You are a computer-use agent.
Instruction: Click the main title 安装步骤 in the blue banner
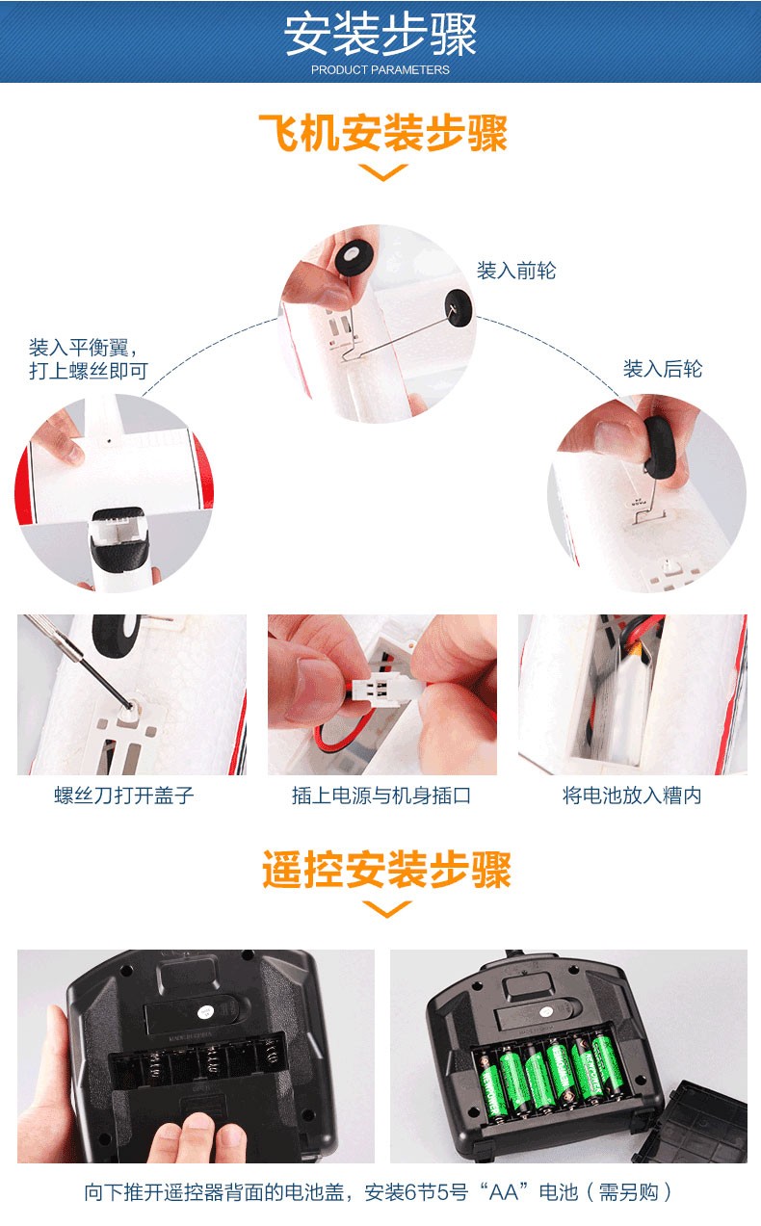pyautogui.click(x=380, y=35)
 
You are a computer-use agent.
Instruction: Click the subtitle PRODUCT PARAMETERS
pyautogui.click(x=380, y=70)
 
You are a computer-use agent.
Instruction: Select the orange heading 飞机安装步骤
pyautogui.click(x=382, y=133)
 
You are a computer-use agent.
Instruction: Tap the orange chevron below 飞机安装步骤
pyautogui.click(x=382, y=171)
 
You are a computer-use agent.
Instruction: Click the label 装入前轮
pyautogui.click(x=515, y=271)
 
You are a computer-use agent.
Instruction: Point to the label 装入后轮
pyautogui.click(x=663, y=368)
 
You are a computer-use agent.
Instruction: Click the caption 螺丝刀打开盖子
pyautogui.click(x=123, y=796)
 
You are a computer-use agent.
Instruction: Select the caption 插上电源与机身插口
pyautogui.click(x=381, y=796)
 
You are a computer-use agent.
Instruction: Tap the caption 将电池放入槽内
pyautogui.click(x=632, y=796)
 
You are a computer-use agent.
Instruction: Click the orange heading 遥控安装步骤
pyautogui.click(x=386, y=869)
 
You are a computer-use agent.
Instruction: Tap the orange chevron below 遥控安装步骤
pyautogui.click(x=386, y=909)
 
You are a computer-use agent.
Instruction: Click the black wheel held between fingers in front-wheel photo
pyautogui.click(x=355, y=255)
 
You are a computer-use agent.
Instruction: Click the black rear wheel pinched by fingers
pyautogui.click(x=661, y=450)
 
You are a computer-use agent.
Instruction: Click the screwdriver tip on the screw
pyautogui.click(x=129, y=706)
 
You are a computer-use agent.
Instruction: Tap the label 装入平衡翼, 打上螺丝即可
pyautogui.click(x=89, y=359)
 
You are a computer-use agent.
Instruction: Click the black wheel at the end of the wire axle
pyautogui.click(x=459, y=309)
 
